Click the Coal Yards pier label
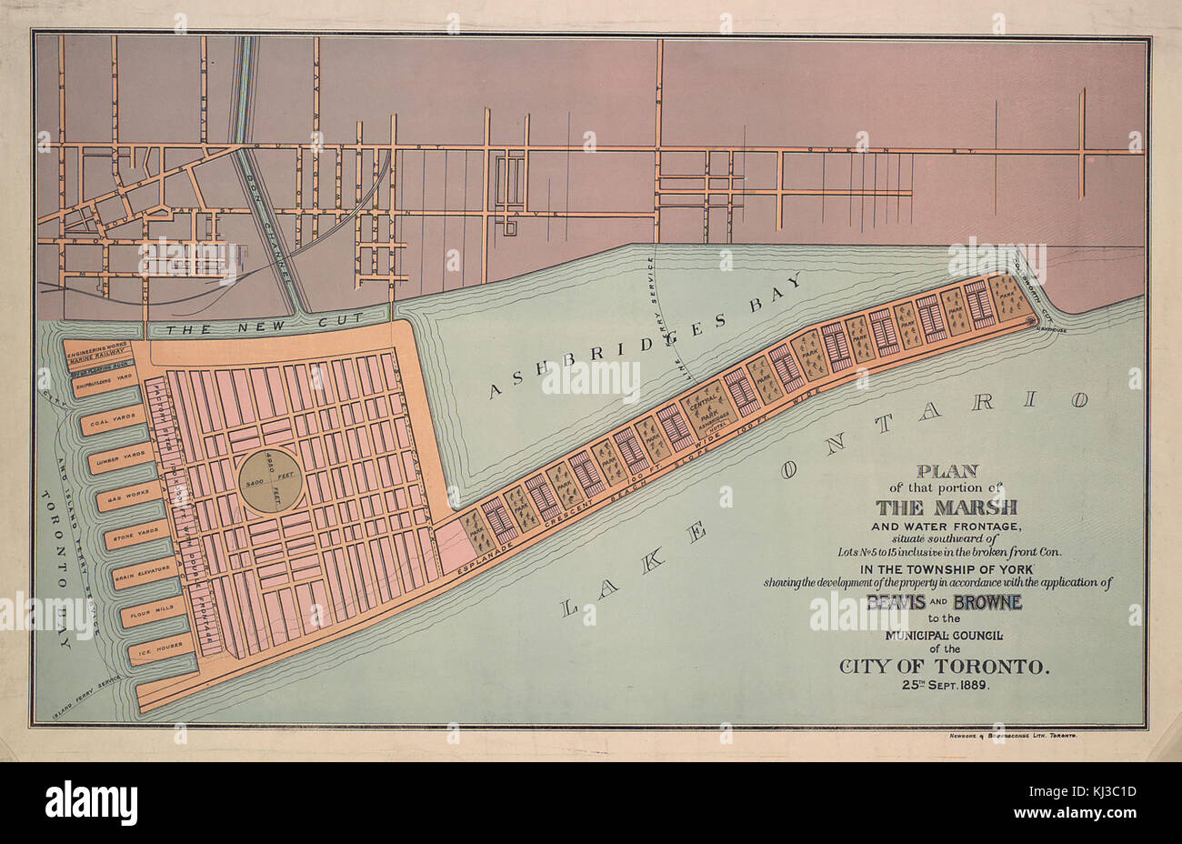click(107, 423)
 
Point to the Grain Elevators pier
click(143, 575)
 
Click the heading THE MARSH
click(947, 507)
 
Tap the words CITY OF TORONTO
click(945, 667)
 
